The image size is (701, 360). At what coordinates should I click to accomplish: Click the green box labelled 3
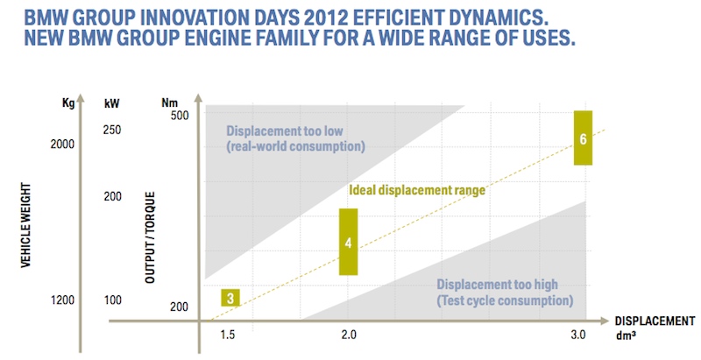point(230,298)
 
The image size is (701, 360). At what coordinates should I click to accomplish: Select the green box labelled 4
point(349,242)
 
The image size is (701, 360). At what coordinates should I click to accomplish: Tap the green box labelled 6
point(583,138)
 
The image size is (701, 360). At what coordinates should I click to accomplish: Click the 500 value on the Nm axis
point(181,116)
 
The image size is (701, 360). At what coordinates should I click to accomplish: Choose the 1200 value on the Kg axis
point(65,300)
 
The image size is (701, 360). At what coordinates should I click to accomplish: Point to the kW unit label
point(112,102)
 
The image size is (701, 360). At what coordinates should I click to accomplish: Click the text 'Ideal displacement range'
point(417,188)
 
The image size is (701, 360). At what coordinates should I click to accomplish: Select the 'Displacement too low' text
point(284,131)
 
